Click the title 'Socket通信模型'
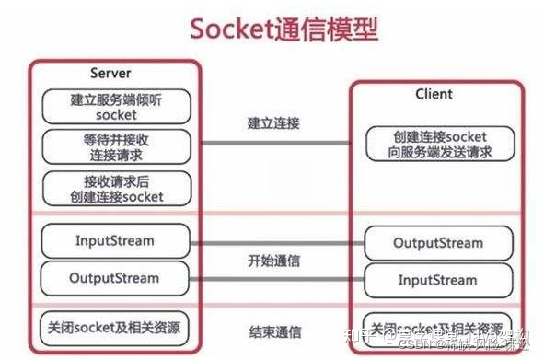tap(284, 29)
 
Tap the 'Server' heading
tap(110, 73)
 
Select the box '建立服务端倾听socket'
tap(116, 107)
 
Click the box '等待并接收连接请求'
tap(116, 145)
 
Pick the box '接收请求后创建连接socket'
tap(116, 188)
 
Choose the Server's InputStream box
tap(116, 241)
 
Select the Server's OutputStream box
tap(116, 276)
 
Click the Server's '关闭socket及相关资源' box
tap(116, 327)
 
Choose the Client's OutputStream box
tap(435, 244)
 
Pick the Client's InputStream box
tap(435, 278)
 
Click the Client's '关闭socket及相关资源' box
tap(435, 329)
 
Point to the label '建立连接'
tap(273, 123)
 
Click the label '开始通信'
tap(273, 261)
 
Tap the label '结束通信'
tap(273, 332)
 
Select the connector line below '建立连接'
tap(273, 143)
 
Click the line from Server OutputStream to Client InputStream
tap(273, 277)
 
